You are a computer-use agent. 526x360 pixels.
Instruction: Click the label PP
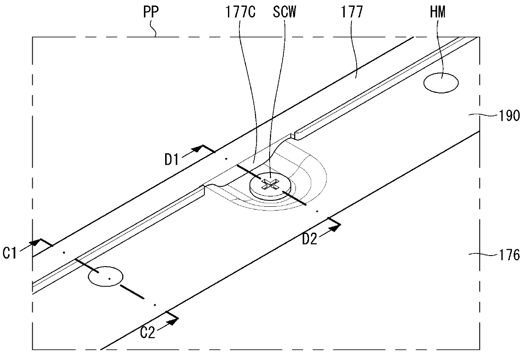click(x=151, y=12)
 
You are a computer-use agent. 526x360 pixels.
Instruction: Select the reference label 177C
click(x=240, y=12)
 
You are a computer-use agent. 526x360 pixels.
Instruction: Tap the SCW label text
click(x=284, y=12)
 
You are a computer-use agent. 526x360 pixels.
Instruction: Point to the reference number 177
click(x=352, y=12)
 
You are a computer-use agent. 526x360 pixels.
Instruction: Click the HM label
click(x=438, y=12)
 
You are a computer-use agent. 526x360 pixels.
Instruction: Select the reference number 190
click(x=509, y=116)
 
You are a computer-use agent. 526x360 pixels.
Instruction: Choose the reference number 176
click(x=509, y=255)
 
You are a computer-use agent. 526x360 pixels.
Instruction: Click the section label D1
click(x=172, y=160)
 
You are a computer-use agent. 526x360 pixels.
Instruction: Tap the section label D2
click(x=309, y=239)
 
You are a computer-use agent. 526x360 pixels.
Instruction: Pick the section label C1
click(x=10, y=253)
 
